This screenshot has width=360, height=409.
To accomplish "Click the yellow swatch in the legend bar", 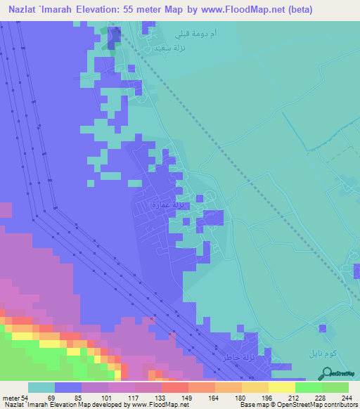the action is point(281,387).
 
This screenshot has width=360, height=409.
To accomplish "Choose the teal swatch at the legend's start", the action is point(41,387).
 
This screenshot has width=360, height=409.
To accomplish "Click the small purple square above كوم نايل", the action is point(322,327).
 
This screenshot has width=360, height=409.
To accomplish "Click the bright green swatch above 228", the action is point(308,387).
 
